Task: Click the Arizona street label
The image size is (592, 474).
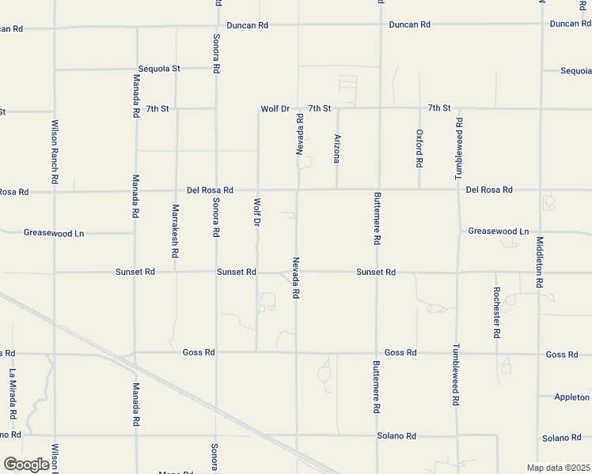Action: coord(337,149)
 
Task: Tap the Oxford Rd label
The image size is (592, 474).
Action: coord(419,148)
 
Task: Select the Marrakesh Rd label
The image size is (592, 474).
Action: coord(175,231)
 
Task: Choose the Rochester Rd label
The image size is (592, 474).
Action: coord(496,311)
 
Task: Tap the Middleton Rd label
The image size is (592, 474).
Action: coord(540,261)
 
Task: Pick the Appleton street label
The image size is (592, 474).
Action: coord(571,397)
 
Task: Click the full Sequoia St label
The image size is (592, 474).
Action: coord(159,69)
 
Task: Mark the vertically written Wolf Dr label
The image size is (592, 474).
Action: coord(256,211)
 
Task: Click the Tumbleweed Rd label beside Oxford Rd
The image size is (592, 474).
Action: coord(459,147)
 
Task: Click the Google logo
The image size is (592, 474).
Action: coord(26,465)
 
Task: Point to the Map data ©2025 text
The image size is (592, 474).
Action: coord(557,468)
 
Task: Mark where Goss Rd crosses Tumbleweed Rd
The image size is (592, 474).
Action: coord(457,352)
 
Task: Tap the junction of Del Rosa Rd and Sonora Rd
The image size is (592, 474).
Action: coord(216,190)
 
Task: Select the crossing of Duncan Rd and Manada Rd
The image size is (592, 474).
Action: coord(137,27)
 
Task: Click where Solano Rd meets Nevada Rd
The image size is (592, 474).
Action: coord(297,435)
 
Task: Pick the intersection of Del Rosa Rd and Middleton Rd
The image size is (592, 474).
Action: coord(541,190)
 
